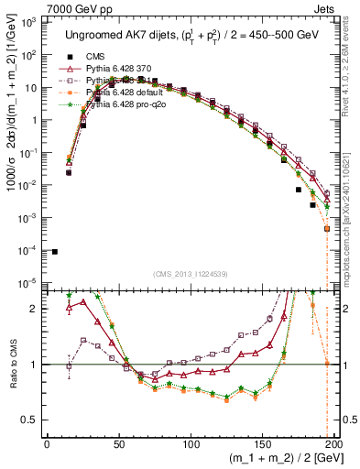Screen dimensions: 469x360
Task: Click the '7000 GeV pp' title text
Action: pyautogui.click(x=78, y=8)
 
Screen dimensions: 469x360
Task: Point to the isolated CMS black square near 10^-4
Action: pyautogui.click(x=54, y=252)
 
